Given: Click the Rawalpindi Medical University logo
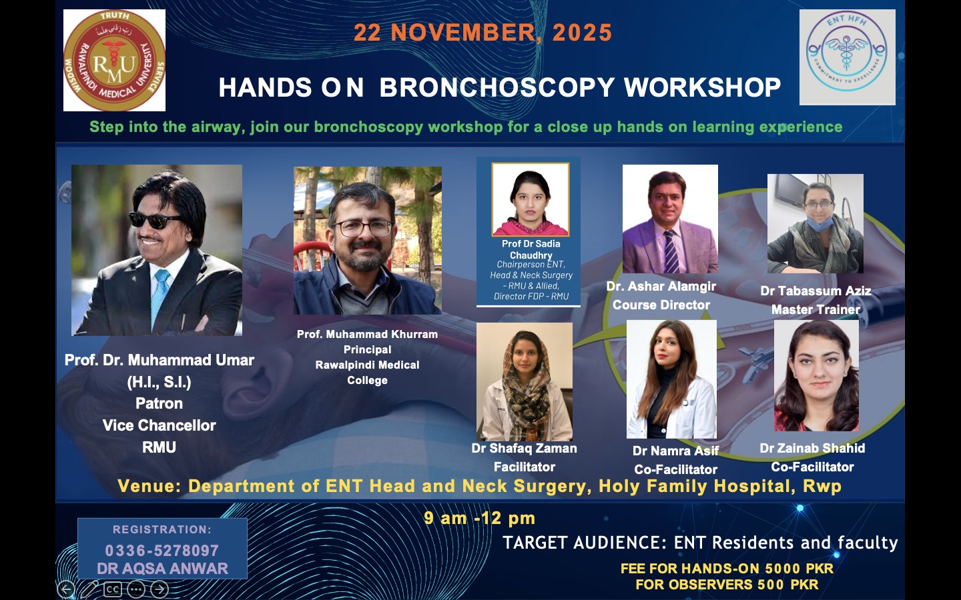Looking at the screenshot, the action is pyautogui.click(x=115, y=61).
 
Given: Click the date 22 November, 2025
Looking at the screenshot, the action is pyautogui.click(x=483, y=33).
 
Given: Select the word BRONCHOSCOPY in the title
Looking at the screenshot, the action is pyautogui.click(x=497, y=87).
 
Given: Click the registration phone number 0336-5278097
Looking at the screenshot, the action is pyautogui.click(x=162, y=550).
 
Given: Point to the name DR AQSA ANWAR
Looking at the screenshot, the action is pyautogui.click(x=162, y=569).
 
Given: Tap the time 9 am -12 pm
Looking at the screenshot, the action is pyautogui.click(x=479, y=518).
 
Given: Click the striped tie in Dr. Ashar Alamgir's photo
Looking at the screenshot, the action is pyautogui.click(x=671, y=251).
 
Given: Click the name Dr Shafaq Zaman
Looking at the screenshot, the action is pyautogui.click(x=525, y=448).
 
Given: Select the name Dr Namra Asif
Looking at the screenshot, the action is pyautogui.click(x=675, y=451).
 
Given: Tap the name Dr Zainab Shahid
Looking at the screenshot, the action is pyautogui.click(x=813, y=448).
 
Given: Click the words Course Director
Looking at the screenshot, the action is pyautogui.click(x=661, y=305).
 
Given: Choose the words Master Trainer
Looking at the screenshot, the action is pyautogui.click(x=816, y=310).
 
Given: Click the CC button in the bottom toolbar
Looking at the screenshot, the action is pyautogui.click(x=112, y=590).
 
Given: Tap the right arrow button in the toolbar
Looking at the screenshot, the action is pyautogui.click(x=159, y=590).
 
